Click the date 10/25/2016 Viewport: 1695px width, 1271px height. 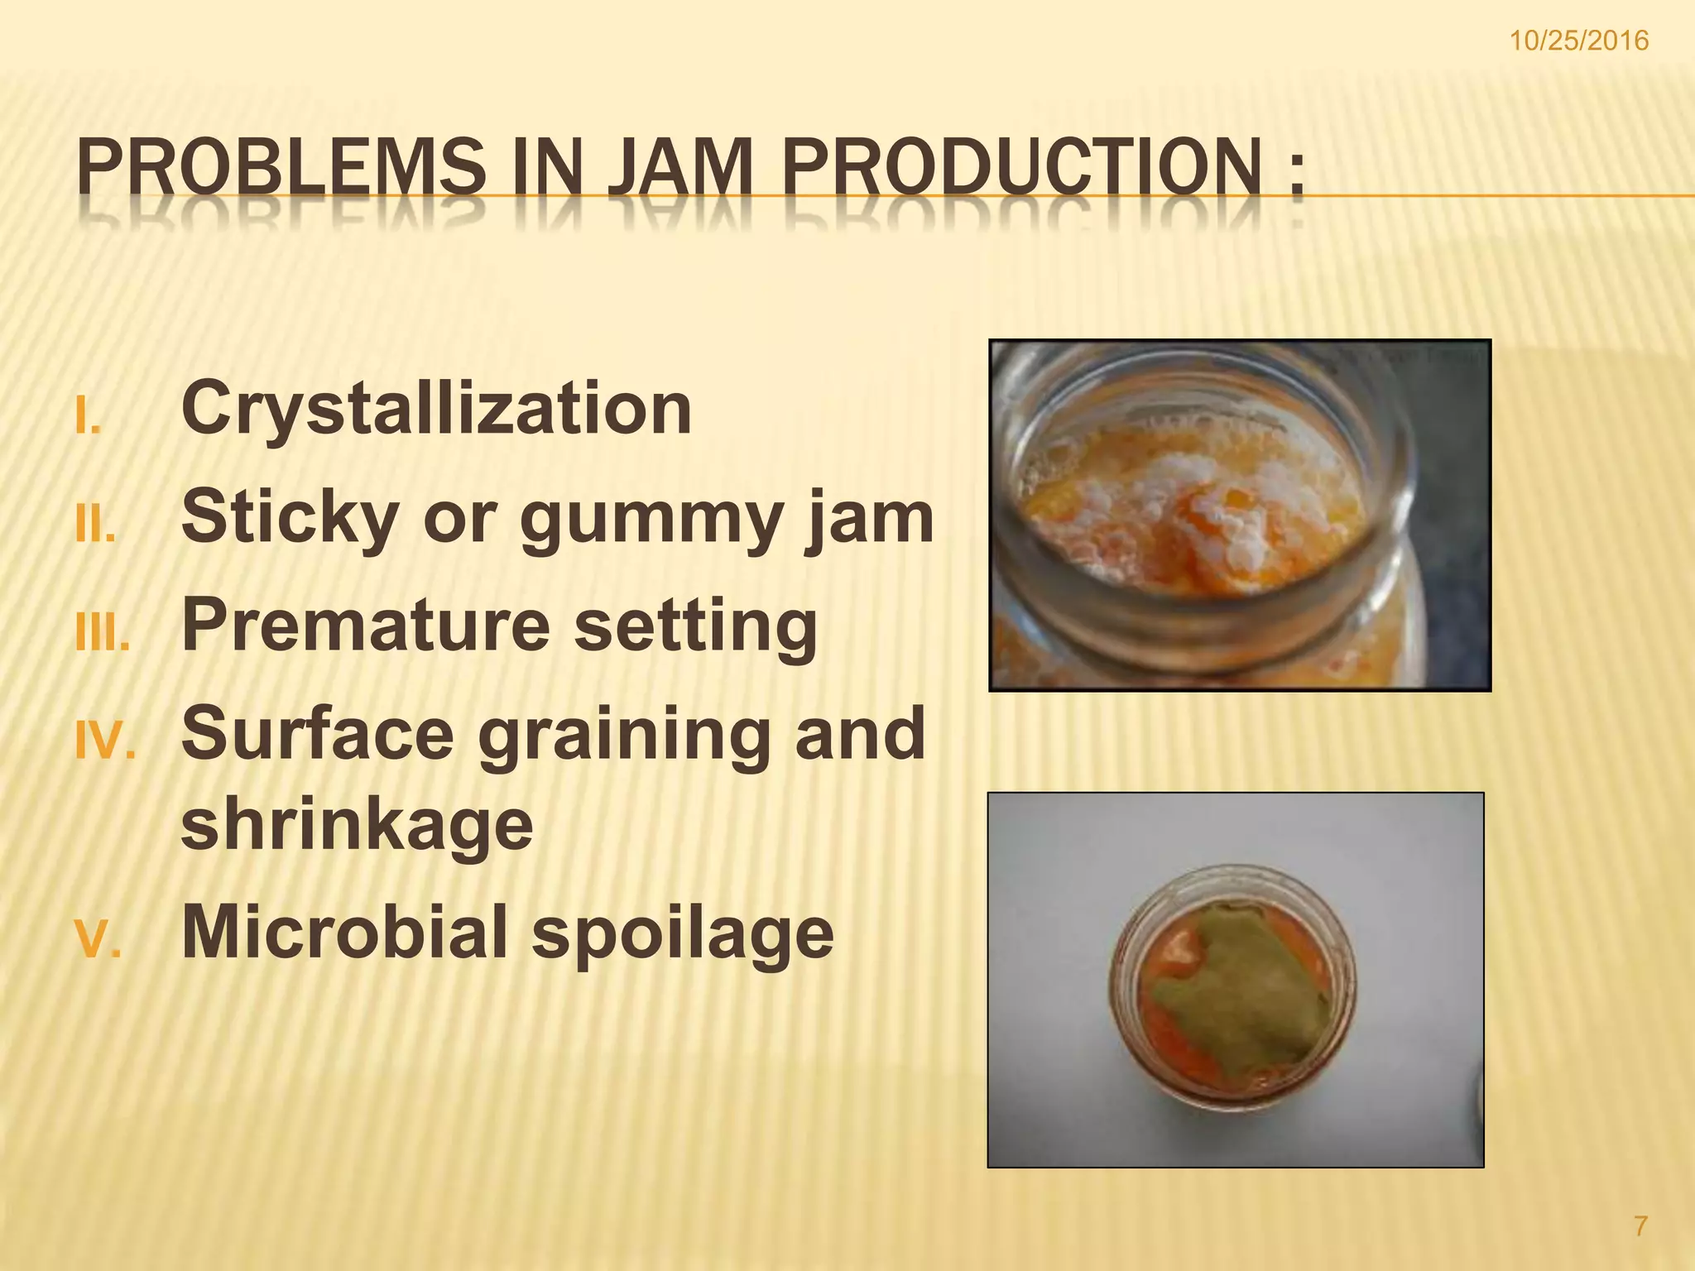(1590, 41)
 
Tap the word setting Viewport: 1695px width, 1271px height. (695, 627)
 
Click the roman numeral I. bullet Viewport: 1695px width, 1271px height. (87, 417)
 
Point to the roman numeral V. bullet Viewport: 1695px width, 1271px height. (98, 940)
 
